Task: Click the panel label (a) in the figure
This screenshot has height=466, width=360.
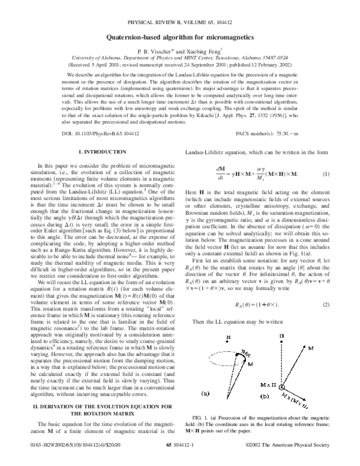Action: click(205, 411)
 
